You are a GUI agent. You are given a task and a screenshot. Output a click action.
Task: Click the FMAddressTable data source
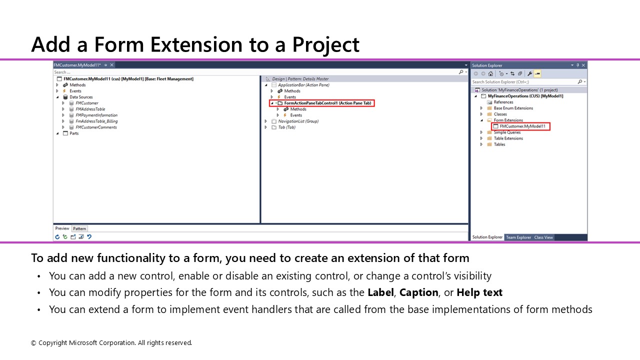[90, 109]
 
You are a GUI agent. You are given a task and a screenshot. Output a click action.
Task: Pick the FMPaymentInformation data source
[96, 115]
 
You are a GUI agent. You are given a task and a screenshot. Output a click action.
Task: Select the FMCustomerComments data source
[96, 127]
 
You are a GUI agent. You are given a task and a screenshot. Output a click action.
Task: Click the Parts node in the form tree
[74, 133]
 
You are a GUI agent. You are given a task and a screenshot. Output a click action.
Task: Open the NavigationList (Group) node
[298, 121]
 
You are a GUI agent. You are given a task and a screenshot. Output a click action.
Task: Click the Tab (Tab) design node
[286, 127]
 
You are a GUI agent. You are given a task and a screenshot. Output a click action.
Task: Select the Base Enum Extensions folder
[513, 108]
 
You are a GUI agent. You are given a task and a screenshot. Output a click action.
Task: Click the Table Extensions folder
[508, 138]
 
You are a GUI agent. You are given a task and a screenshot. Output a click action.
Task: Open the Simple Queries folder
[507, 132]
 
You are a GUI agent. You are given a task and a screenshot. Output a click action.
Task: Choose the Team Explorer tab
[518, 237]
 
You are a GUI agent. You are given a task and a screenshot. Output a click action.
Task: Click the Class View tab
[543, 237]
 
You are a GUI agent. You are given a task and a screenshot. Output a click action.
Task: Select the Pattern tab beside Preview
[79, 228]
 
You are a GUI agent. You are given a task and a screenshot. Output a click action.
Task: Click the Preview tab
[62, 228]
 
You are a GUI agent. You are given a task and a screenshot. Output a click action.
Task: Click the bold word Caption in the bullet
[418, 292]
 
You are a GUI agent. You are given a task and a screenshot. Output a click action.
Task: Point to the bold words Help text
[479, 292]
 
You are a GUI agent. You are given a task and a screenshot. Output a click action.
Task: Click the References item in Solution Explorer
[503, 102]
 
